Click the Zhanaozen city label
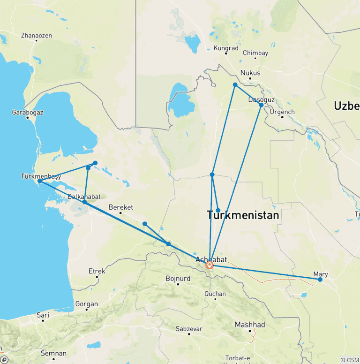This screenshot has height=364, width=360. (x=37, y=36)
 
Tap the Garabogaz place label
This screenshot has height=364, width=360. (x=28, y=113)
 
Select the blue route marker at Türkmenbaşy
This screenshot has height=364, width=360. (x=40, y=181)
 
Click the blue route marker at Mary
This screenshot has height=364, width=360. (x=320, y=280)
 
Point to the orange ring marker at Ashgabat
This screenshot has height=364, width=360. (x=210, y=265)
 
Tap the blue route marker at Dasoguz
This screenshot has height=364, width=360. (x=261, y=105)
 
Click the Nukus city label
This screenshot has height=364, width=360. (x=250, y=73)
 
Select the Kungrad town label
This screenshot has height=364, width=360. (x=226, y=48)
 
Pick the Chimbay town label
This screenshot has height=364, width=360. (x=255, y=53)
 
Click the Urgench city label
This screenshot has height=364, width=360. (x=282, y=112)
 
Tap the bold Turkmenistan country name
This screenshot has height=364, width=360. (x=243, y=215)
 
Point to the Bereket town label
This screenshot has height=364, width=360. (x=120, y=207)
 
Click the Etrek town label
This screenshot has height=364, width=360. (x=97, y=271)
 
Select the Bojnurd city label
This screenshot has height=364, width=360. (x=178, y=279)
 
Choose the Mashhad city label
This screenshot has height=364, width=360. (x=249, y=325)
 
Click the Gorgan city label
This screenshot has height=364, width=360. (x=86, y=304)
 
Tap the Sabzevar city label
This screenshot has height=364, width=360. (x=189, y=329)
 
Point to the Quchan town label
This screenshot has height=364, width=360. (x=216, y=294)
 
